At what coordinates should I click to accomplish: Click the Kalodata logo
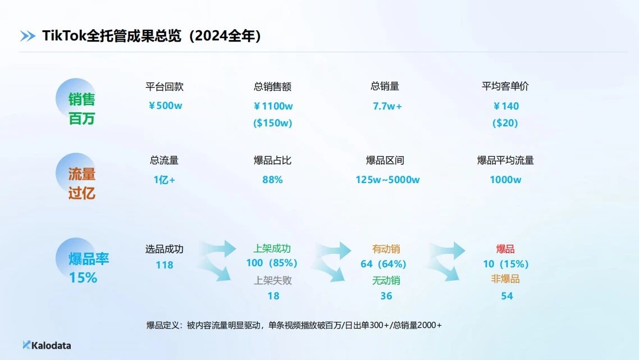[47, 345]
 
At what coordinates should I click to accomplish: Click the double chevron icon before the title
[28, 37]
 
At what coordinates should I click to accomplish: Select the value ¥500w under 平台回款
[165, 106]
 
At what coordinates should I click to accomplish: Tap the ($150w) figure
[273, 123]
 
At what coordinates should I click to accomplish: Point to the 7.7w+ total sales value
[387, 106]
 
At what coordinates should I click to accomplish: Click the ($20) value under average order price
[505, 123]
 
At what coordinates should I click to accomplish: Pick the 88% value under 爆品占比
[272, 180]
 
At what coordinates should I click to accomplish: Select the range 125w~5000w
[387, 180]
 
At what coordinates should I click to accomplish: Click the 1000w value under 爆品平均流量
[505, 180]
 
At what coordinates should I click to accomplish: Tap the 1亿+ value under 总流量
[164, 180]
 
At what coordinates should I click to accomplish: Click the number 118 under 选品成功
[164, 265]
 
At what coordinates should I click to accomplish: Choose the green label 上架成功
[272, 248]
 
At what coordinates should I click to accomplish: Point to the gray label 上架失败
[273, 280]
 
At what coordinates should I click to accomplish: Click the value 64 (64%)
[384, 264]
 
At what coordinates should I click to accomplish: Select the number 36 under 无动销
[386, 296]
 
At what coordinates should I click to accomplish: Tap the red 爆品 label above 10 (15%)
[505, 249]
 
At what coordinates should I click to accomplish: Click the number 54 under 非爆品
[507, 296]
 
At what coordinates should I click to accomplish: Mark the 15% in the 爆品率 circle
[83, 277]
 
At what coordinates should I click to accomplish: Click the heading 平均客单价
[505, 86]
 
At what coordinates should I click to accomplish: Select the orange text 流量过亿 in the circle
[81, 184]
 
